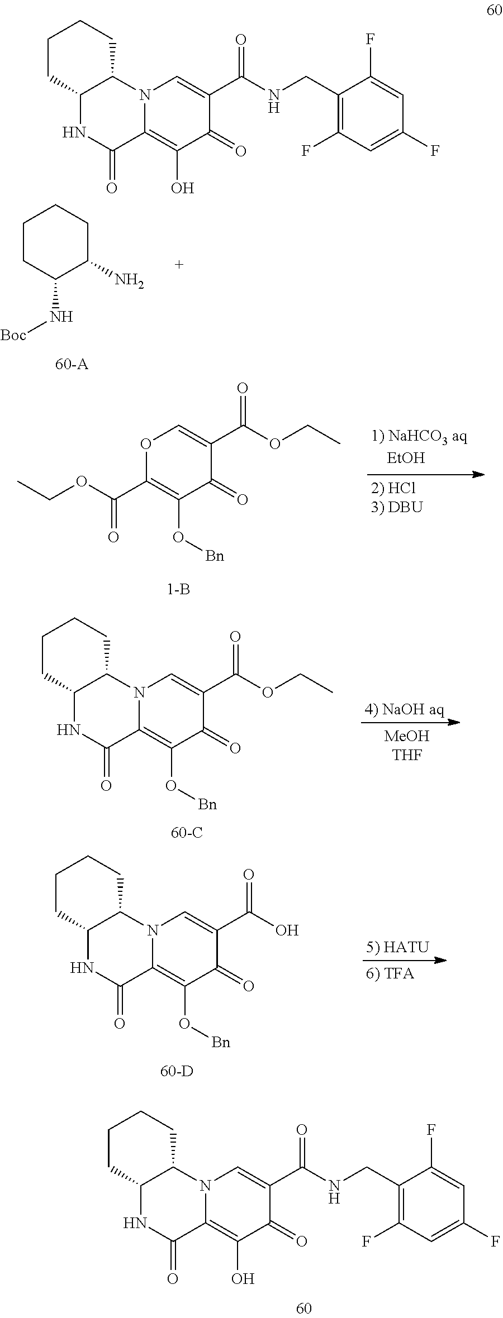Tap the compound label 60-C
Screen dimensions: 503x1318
pos(187,833)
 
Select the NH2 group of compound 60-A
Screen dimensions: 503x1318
pos(129,280)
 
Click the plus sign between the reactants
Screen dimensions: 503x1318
pos(179,264)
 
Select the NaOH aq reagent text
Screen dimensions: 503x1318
pos(412,709)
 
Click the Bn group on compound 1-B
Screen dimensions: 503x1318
pos(215,556)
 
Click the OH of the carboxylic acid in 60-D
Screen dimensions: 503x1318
pos(287,930)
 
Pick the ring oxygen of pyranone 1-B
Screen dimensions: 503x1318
pos(146,445)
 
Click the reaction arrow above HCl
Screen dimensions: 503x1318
pos(425,475)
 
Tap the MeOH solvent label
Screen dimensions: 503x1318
pos(407,736)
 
